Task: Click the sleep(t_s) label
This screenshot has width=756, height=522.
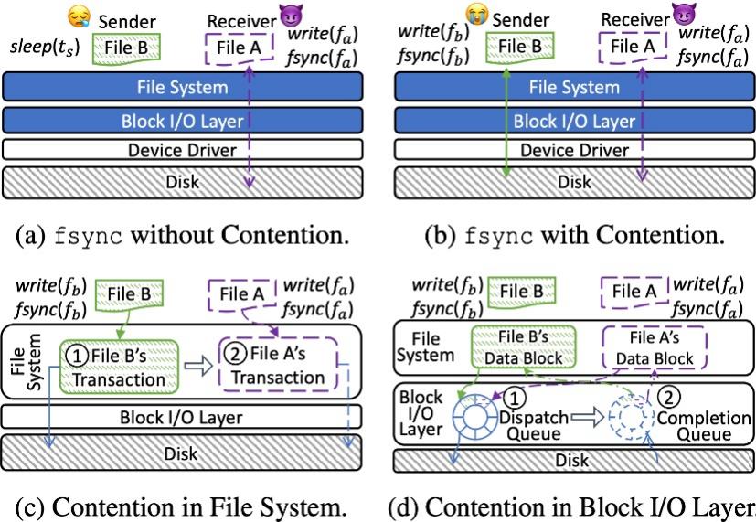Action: point(43,48)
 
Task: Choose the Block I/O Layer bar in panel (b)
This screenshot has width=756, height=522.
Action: point(574,120)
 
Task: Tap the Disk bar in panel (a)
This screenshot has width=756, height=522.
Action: point(183,182)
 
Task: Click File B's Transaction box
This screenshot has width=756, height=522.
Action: point(116,363)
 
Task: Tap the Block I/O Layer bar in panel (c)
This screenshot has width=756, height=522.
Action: point(183,418)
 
